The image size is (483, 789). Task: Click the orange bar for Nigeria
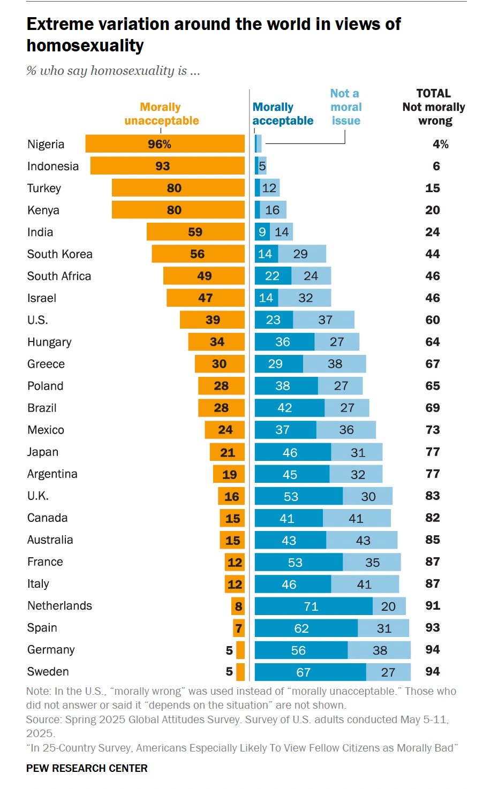pos(165,144)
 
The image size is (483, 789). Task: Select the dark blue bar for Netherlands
pos(313,606)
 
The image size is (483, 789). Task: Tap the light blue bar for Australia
pos(361,540)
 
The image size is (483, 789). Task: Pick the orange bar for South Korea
pos(198,254)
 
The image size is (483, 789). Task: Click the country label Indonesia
pos(53,166)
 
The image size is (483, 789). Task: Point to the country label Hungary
pos(49,342)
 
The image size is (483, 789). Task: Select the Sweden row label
pos(48,671)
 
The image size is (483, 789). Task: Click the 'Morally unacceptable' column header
pos(161,114)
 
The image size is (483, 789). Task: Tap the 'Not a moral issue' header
pos(345,107)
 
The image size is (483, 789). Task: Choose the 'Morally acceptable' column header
pos(282,114)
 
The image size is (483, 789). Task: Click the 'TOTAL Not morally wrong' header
pos(434,107)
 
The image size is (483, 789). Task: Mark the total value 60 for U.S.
pos(433,320)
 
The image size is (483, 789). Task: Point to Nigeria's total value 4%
pos(440,144)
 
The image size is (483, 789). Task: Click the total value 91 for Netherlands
pos(433,605)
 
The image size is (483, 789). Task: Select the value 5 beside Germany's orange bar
pos(229,650)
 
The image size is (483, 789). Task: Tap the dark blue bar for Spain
pos(306,628)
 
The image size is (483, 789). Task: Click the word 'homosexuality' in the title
pos(85,46)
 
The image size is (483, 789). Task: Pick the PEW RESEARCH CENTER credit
pos(87,768)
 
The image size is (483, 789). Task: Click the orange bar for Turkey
pos(178,188)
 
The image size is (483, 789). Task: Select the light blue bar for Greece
pos(334,364)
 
